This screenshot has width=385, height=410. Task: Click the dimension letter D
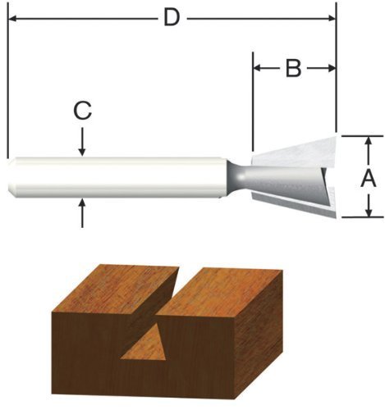[x=172, y=18]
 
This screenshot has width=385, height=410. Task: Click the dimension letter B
[x=293, y=68]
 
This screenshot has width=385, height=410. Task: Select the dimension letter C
[x=82, y=112]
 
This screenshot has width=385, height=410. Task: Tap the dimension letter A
[x=369, y=179]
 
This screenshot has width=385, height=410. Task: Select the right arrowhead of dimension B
[x=331, y=68]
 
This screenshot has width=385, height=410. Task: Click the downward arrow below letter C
[x=82, y=142]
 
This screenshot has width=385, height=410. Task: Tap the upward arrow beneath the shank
[x=82, y=213]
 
